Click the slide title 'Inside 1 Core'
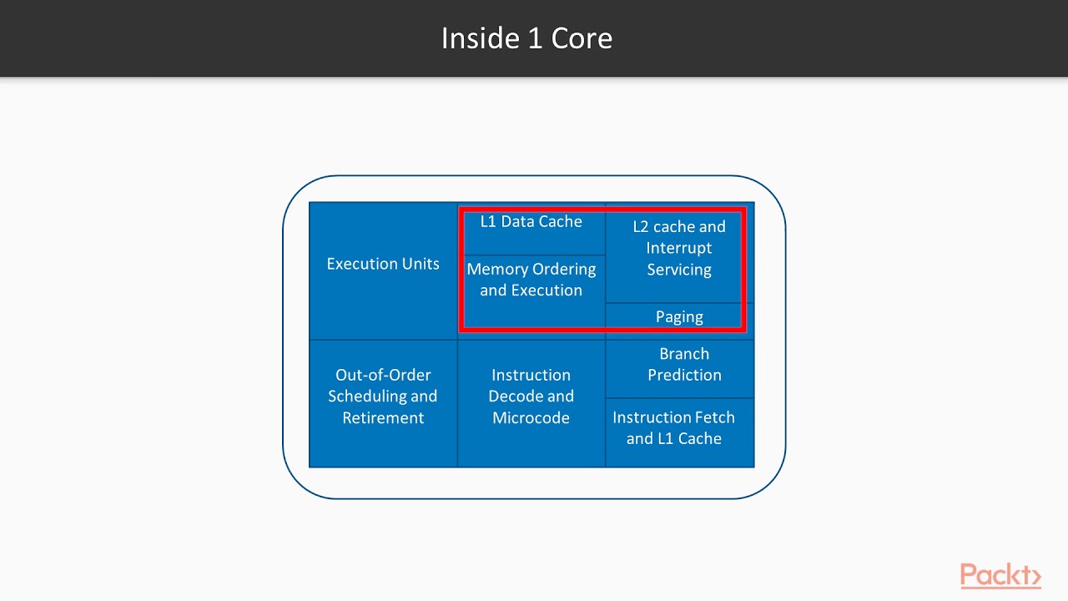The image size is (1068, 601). [x=526, y=38]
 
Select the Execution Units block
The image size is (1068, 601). [x=383, y=265]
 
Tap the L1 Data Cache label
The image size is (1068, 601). [x=531, y=222]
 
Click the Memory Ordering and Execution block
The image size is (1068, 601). [x=531, y=280]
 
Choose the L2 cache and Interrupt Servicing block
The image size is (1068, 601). [x=678, y=249]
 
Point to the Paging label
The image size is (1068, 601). [x=679, y=317]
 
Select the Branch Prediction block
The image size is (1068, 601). [x=683, y=365]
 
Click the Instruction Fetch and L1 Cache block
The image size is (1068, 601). [x=674, y=428]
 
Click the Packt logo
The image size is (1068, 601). [x=1000, y=575]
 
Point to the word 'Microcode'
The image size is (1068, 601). [x=531, y=418]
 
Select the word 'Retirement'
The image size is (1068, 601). [x=383, y=418]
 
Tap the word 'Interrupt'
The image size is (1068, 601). [x=678, y=249]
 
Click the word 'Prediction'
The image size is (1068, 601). [x=684, y=376]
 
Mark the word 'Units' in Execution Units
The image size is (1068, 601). [x=418, y=265]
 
